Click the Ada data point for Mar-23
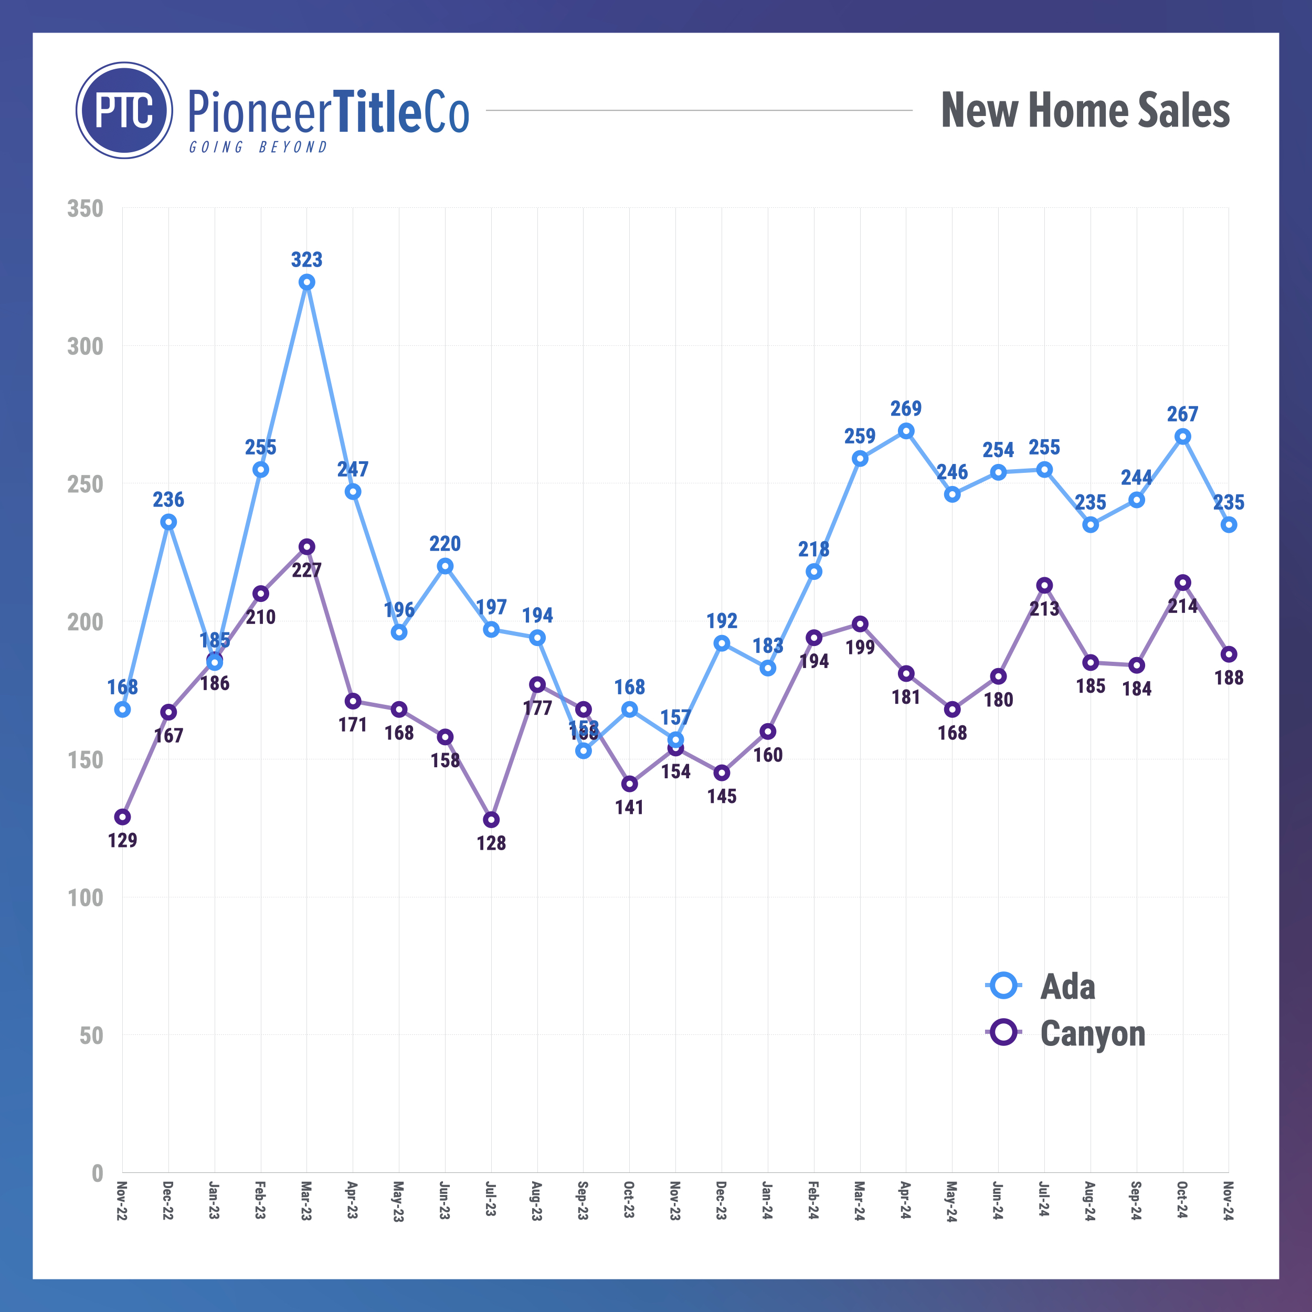click(x=307, y=282)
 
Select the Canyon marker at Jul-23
click(x=491, y=820)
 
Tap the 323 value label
click(x=307, y=259)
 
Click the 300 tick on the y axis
click(x=85, y=346)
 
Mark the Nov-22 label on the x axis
click(x=122, y=1201)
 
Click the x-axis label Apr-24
click(x=906, y=1201)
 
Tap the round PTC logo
click(x=124, y=111)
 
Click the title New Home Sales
click(x=1085, y=110)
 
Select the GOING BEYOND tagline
click(x=258, y=147)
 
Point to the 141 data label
click(x=630, y=808)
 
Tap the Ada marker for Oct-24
click(x=1182, y=437)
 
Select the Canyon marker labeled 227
click(x=307, y=547)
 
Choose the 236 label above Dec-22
click(x=168, y=500)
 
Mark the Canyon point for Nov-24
click(x=1229, y=654)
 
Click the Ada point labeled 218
click(x=813, y=572)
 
